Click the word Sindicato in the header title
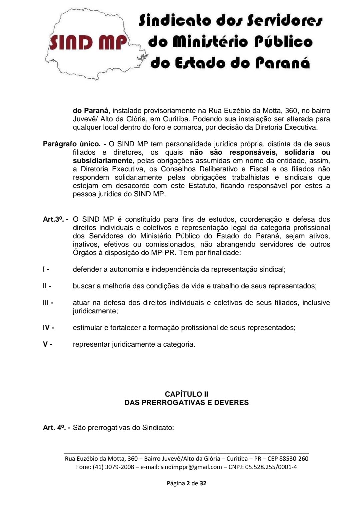pos(175,21)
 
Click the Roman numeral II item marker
pos(47,286)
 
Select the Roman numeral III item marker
pos(48,303)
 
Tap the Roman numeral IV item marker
pos(48,328)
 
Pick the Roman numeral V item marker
pos(47,344)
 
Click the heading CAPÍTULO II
pos(186,394)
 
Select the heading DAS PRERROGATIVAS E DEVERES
pos(186,402)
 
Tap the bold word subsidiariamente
pos(103,161)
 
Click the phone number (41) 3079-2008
pos(114,467)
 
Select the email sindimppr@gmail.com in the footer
pos(191,467)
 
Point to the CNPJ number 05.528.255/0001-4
pos(271,467)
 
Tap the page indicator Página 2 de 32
pos(186,483)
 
